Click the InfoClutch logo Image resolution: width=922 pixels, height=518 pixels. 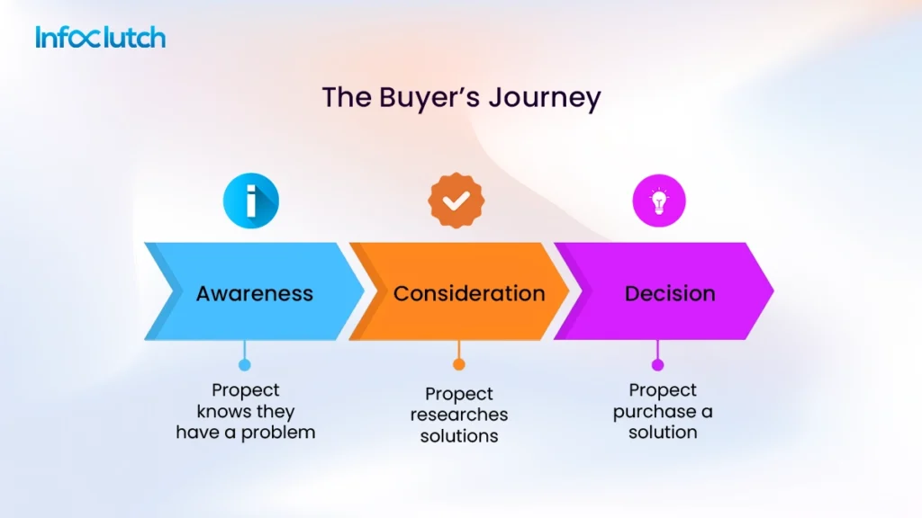[100, 37]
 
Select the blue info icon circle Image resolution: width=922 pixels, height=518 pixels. [251, 201]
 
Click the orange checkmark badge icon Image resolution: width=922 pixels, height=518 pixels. [456, 201]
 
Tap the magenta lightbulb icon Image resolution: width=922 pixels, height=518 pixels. [658, 201]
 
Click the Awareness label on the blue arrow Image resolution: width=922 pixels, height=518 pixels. [255, 293]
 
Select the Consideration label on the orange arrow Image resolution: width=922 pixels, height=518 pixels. [469, 293]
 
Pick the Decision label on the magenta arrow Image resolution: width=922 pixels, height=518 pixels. [670, 293]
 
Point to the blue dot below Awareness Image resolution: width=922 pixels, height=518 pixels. [244, 364]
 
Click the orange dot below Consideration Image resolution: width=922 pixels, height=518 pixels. [458, 364]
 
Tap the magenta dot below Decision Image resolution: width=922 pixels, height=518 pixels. [657, 364]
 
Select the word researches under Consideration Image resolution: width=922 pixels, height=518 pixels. [459, 415]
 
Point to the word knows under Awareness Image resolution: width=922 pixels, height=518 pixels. [219, 412]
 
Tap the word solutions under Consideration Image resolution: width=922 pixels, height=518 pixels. [459, 435]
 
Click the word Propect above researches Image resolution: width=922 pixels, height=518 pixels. [459, 394]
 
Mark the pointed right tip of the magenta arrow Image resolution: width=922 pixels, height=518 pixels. [772, 290]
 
